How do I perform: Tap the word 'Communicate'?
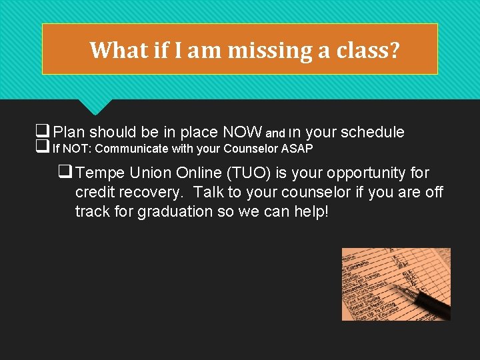pyautogui.click(x=131, y=148)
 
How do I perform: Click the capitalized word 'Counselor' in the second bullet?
pyautogui.click(x=251, y=148)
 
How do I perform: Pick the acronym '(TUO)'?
pyautogui.click(x=249, y=173)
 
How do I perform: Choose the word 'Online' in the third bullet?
pyautogui.click(x=199, y=173)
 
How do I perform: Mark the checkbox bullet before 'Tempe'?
pyautogui.click(x=66, y=173)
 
